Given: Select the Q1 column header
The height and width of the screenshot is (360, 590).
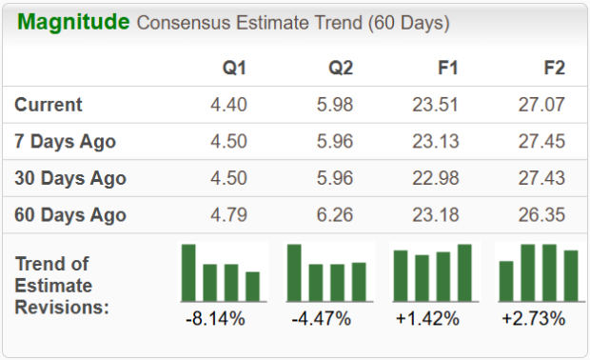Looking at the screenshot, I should pos(234,70).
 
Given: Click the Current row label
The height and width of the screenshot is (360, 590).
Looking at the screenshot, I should pos(49,105).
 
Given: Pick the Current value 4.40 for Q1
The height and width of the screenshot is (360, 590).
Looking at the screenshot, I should pos(228,105).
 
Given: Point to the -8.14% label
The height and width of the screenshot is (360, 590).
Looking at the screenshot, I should pos(216,318).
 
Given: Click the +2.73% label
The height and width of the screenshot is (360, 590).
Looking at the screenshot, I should pos(534,318).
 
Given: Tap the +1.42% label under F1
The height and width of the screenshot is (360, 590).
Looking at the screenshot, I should pos(428,318).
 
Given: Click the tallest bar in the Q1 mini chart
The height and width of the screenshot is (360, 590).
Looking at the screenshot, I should pos(188,272).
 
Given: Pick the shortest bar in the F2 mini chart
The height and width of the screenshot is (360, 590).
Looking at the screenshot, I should pos(506,281).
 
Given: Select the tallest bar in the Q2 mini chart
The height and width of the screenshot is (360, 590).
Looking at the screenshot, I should pos(294,272).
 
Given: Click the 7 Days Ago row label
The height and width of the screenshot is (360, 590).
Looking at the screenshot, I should pos(66,141).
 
